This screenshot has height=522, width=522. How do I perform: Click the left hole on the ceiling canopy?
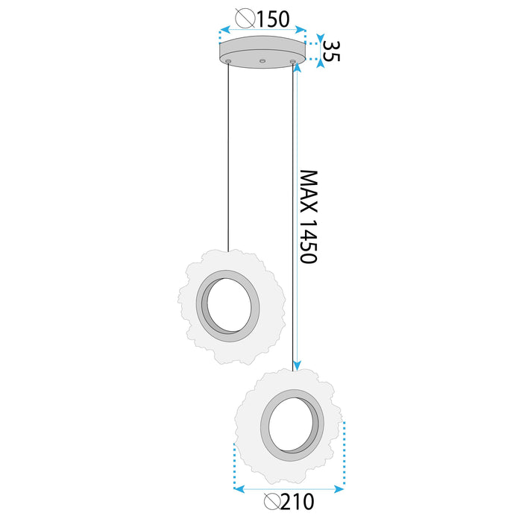pos(230,59)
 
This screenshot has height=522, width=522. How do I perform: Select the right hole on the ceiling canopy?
pos(293,59)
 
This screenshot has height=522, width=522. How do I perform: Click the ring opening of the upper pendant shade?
pos(228,306)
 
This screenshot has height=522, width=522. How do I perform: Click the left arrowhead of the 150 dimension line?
pos(221,31)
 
